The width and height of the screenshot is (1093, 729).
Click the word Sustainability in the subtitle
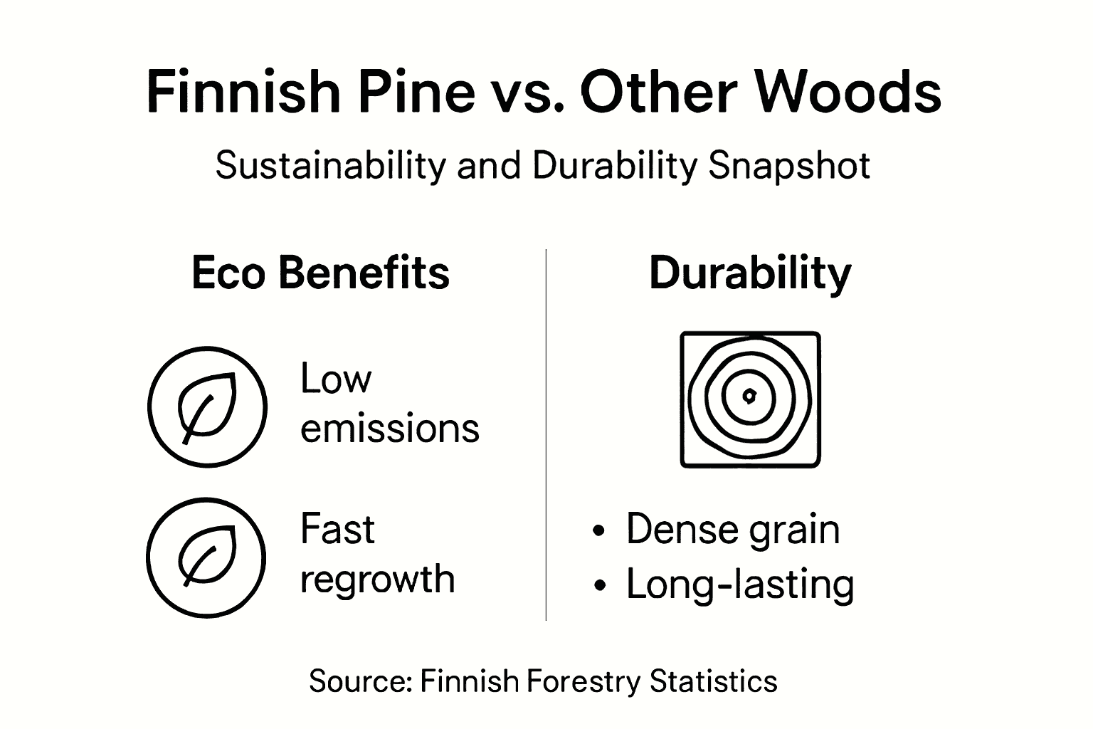point(330,166)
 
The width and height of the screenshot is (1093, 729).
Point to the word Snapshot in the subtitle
point(789,166)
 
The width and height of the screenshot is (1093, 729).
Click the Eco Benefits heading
point(320,273)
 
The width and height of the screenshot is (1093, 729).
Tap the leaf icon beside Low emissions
point(207,407)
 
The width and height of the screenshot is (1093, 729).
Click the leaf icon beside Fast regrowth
point(206,557)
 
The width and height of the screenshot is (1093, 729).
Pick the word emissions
point(390,429)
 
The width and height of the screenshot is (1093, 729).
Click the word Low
point(336,378)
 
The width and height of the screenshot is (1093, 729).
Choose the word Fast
point(337,529)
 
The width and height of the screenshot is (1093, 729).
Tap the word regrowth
point(377,579)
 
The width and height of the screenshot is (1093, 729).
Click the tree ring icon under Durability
point(750,399)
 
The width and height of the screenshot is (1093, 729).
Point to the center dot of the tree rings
point(749,396)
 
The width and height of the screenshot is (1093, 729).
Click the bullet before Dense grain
point(600,530)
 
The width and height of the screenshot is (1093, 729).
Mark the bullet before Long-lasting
point(600,585)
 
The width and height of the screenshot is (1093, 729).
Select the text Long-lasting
point(740,584)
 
